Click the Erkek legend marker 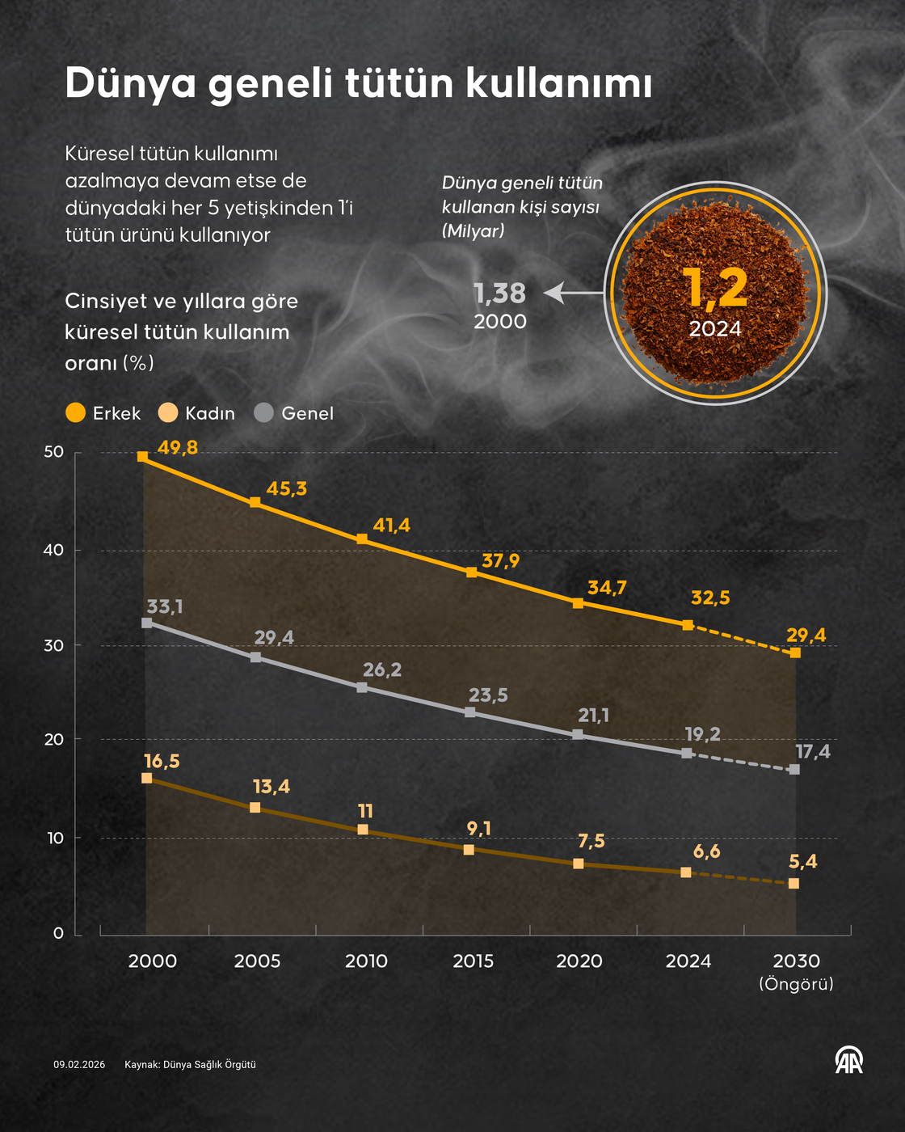point(75,413)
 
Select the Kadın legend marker point(168,413)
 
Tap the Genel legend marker point(264,413)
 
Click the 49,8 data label point(178,448)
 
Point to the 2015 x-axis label point(473,961)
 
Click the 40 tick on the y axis point(53,551)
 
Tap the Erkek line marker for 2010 point(362,539)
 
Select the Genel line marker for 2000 point(146,623)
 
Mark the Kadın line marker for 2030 point(793,884)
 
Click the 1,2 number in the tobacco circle point(715,289)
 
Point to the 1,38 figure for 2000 point(499,293)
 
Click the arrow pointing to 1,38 point(574,293)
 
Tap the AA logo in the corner point(848,1060)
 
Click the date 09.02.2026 point(79,1065)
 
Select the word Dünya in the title point(130,83)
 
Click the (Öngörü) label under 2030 point(796,984)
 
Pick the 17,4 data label point(812,752)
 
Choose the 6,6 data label point(706,851)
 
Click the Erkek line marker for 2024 point(687,625)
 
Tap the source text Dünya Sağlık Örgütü point(209,1065)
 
